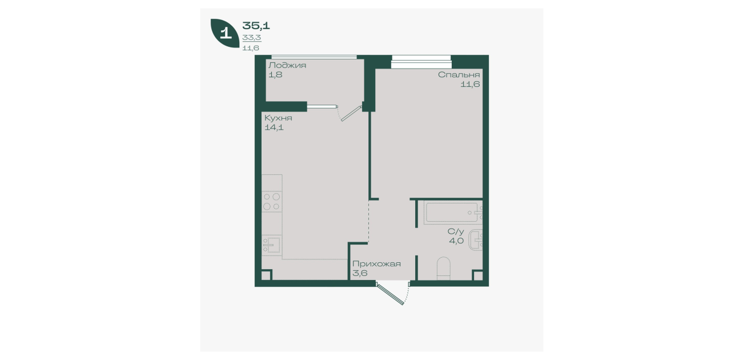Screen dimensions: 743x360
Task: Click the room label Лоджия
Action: click(x=287, y=66)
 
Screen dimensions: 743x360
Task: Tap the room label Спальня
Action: click(x=459, y=75)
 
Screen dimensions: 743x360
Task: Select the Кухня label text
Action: click(x=278, y=118)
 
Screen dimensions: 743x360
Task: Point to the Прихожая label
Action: click(x=376, y=264)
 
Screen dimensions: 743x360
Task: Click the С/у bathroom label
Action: click(x=455, y=231)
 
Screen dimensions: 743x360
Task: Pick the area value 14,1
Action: click(x=274, y=127)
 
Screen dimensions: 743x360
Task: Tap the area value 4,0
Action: click(x=456, y=241)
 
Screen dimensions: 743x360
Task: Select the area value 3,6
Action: click(x=360, y=274)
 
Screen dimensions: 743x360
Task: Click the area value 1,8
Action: click(x=275, y=75)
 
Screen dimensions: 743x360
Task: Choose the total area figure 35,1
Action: click(x=256, y=26)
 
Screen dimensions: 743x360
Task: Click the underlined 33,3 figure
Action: click(x=252, y=38)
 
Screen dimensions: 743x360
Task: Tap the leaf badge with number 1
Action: click(x=225, y=33)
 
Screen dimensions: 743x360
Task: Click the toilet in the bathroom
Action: click(x=444, y=268)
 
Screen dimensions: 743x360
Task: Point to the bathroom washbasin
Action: click(x=476, y=240)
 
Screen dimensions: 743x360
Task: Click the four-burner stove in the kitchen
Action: click(x=272, y=202)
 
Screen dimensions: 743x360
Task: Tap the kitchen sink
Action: click(x=272, y=245)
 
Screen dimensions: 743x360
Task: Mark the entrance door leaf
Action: click(x=391, y=294)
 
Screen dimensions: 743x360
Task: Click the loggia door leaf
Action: click(x=351, y=114)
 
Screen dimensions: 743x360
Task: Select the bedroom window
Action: click(x=421, y=62)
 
